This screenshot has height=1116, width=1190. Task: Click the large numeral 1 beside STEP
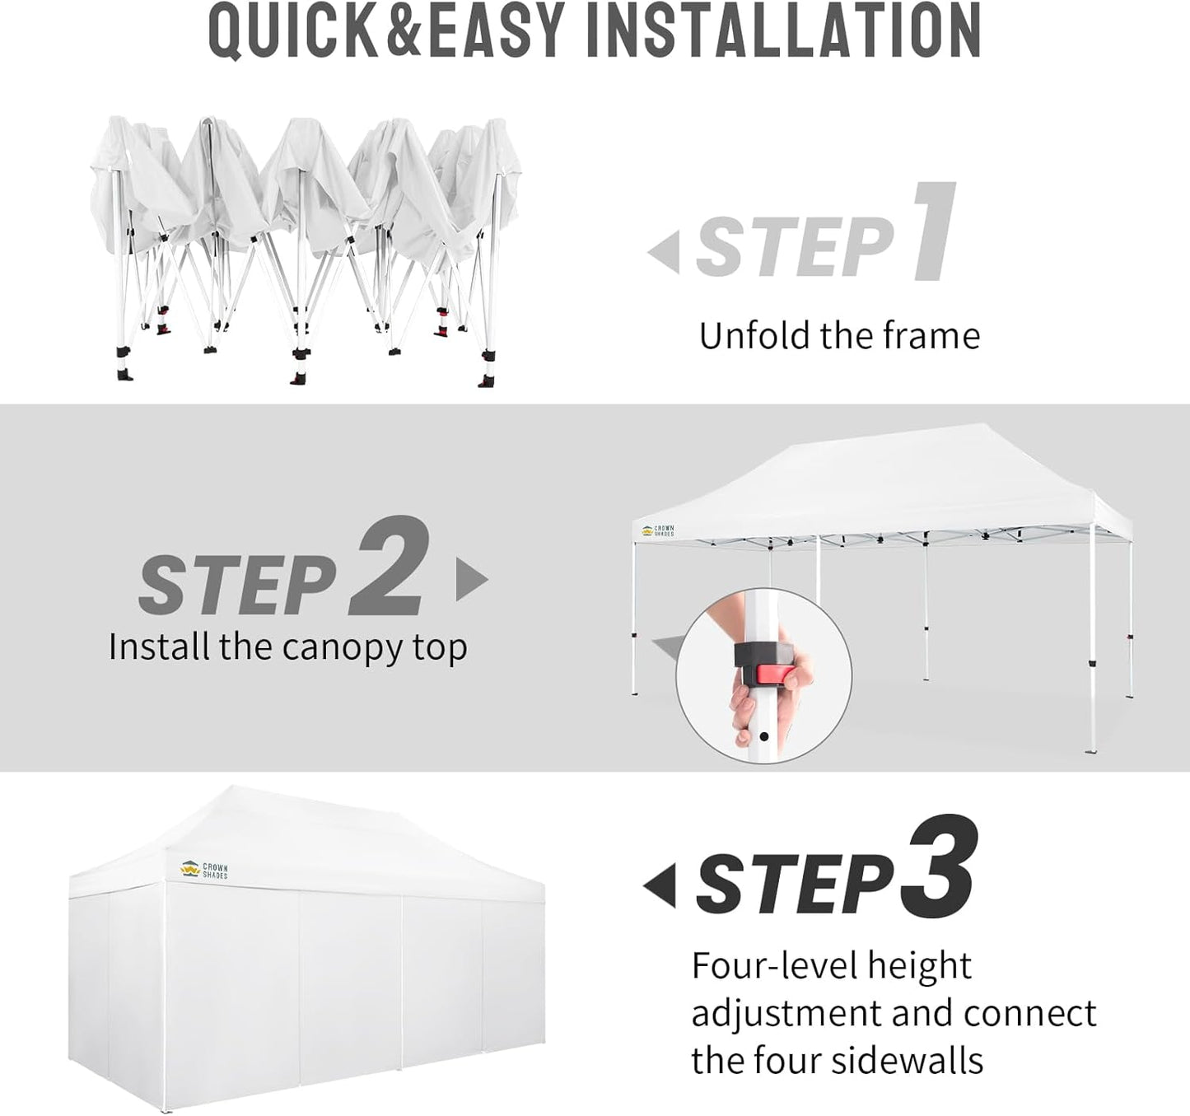(936, 232)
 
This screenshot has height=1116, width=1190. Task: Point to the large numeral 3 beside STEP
(940, 866)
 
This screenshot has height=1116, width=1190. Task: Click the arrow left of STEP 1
(664, 252)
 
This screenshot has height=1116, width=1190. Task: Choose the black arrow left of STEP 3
(660, 886)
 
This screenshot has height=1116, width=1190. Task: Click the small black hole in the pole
(764, 736)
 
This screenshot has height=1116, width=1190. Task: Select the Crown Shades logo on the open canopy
(657, 531)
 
